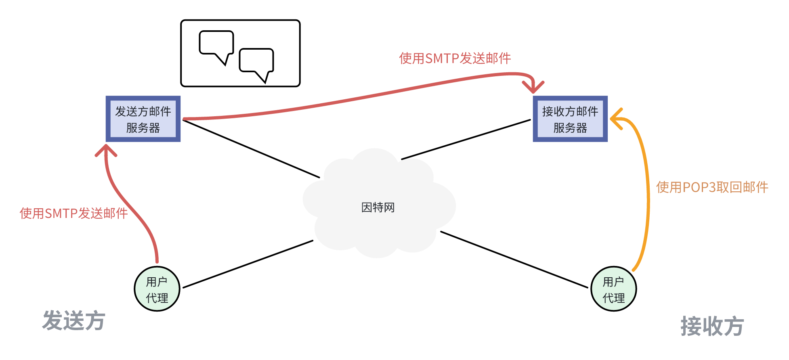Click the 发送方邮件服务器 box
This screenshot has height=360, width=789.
(143, 119)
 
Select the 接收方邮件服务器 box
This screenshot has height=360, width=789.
(570, 119)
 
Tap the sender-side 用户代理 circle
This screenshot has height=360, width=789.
(157, 289)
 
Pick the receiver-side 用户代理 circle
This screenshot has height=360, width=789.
(613, 289)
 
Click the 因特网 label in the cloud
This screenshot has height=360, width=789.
(378, 207)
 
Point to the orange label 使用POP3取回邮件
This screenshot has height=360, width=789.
(712, 187)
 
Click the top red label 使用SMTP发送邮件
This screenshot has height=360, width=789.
(455, 59)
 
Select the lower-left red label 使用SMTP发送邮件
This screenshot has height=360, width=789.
(73, 213)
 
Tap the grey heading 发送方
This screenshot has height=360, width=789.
(74, 321)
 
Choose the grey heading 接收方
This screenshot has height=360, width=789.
(712, 326)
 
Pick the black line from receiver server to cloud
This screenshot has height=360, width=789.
(466, 139)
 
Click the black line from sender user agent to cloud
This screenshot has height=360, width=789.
(248, 264)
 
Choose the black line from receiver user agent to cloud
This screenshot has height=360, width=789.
(514, 260)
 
